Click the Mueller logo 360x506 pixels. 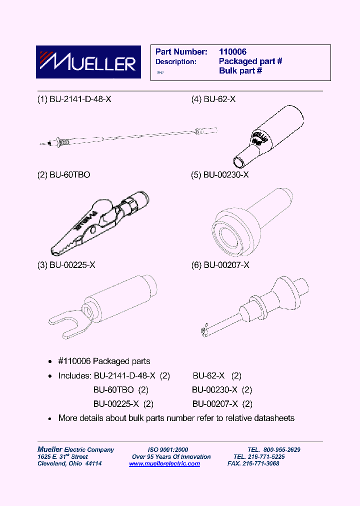[85, 62]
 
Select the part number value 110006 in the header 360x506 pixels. [232, 52]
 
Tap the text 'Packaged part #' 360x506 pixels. [250, 61]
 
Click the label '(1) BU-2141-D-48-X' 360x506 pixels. [74, 99]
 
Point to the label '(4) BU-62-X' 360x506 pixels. [213, 99]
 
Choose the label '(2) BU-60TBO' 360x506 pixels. [64, 175]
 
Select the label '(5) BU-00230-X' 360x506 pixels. [220, 175]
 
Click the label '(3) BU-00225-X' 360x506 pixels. [66, 265]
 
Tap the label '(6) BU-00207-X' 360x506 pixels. [220, 265]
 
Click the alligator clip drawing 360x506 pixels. [100, 220]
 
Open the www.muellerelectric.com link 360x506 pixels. [164, 463]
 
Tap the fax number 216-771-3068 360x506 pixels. [260, 463]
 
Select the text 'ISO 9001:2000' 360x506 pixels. [167, 449]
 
